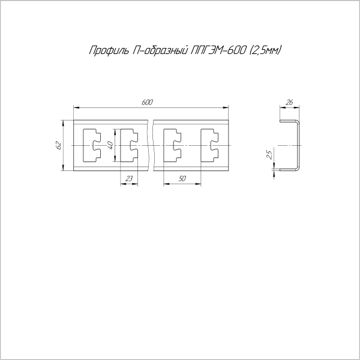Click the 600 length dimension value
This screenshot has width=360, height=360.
coord(147,103)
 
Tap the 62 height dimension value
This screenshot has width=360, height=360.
coord(59,145)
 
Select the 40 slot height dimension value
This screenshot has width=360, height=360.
coord(110,145)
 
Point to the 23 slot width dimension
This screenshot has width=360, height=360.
coord(129,178)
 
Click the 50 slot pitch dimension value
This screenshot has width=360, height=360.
coord(182,178)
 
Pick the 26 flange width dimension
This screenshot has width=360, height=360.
coord(289,103)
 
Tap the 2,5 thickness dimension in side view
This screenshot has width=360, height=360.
coord(269,155)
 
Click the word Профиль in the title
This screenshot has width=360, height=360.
coord(109,50)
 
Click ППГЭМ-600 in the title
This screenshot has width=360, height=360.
coord(218,50)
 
